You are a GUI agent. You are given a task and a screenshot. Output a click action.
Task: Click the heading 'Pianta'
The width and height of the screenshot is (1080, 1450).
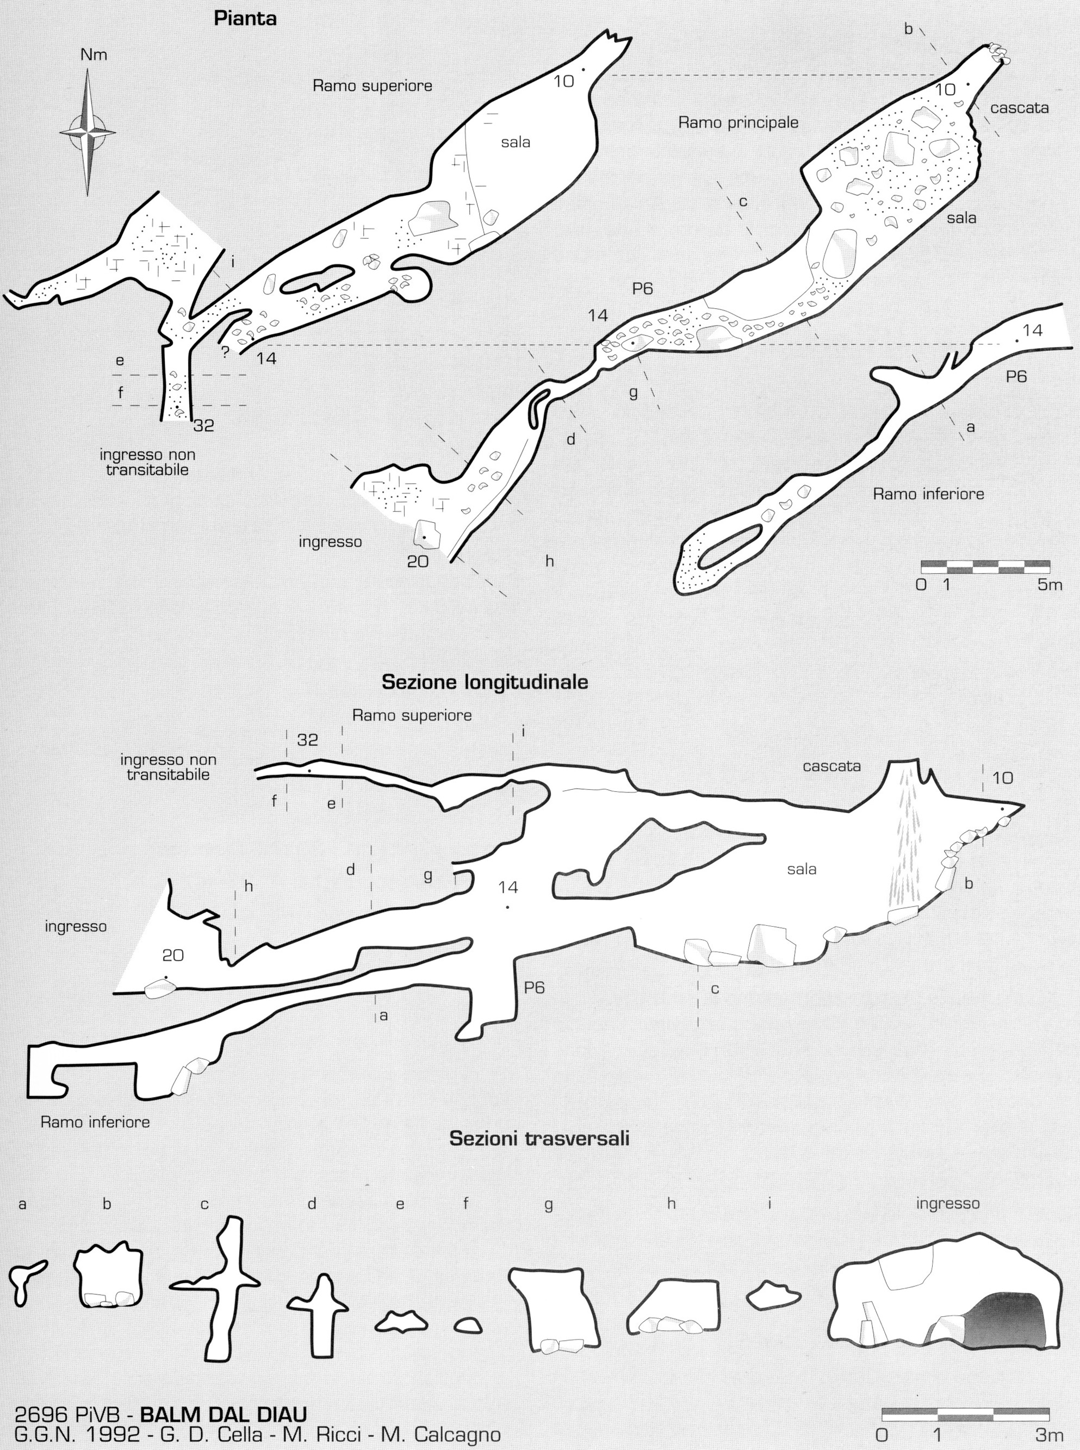(245, 19)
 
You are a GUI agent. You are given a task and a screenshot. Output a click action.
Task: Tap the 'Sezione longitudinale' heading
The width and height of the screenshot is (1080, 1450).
(485, 683)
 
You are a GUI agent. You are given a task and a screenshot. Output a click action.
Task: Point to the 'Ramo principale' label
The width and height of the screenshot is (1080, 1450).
(738, 122)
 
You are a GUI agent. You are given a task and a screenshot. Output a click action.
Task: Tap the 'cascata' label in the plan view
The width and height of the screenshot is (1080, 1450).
(1019, 108)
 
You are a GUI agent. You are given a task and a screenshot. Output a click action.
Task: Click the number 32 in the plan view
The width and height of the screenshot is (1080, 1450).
(204, 425)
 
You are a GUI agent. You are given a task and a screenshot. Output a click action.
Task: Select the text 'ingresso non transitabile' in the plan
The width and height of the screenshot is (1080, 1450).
(148, 462)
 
